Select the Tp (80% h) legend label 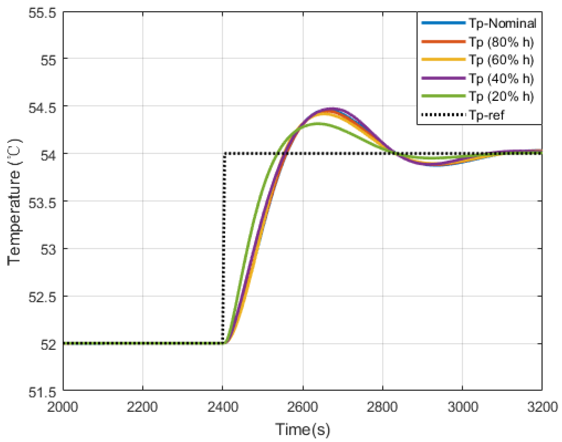tap(501, 42)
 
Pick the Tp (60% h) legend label tap(501, 60)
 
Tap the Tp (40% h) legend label tap(501, 78)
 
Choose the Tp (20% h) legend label tap(501, 96)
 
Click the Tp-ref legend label tap(487, 115)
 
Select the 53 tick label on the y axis tap(48, 250)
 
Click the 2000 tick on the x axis tap(62, 407)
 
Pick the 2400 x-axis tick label tap(223, 407)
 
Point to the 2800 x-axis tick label tap(382, 407)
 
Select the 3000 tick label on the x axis tap(463, 407)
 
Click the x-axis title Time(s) tap(303, 429)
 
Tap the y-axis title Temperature tap(14, 202)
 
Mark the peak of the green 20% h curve tap(318, 123)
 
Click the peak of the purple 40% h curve tap(332, 108)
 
